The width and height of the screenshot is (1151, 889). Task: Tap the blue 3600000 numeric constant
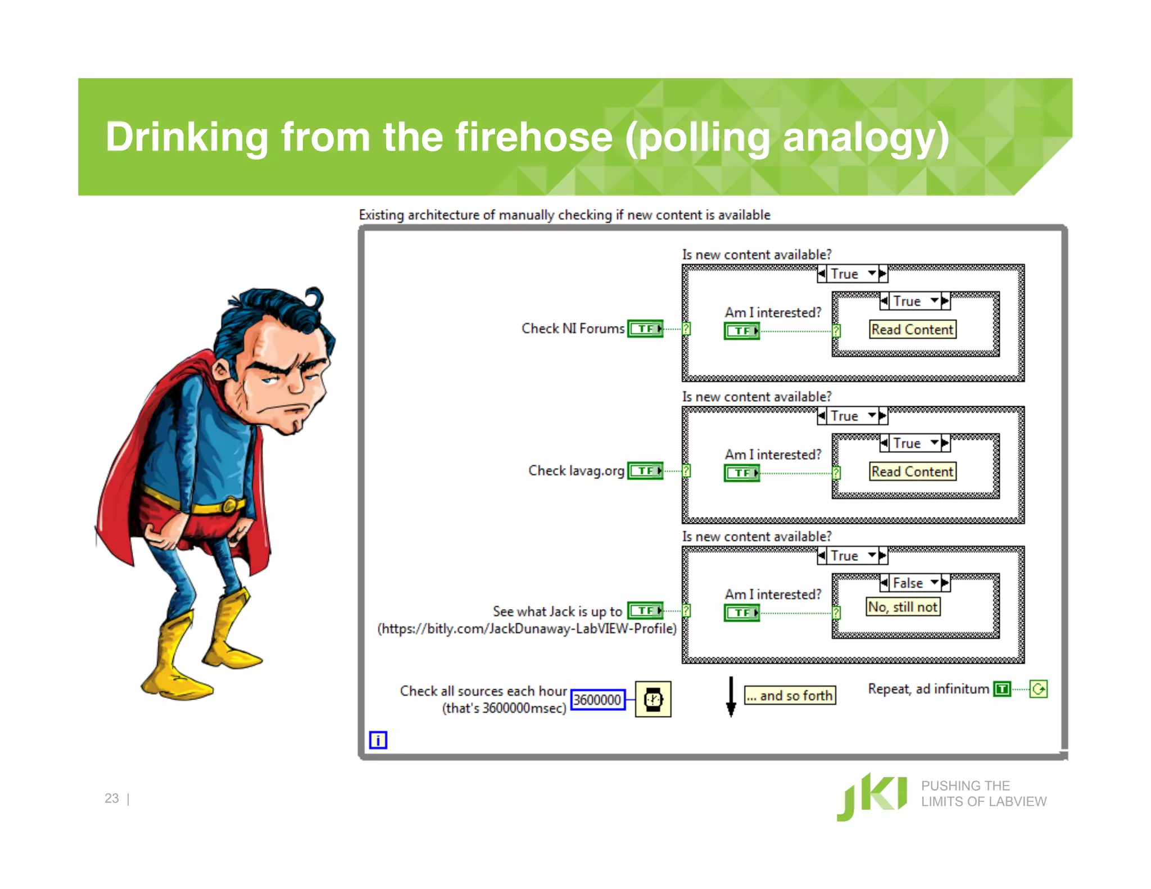tap(597, 700)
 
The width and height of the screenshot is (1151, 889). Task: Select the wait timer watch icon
tap(652, 699)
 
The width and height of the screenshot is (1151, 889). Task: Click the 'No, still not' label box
tap(903, 607)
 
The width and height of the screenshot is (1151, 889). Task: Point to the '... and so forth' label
tap(790, 696)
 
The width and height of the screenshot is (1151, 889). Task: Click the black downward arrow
tap(731, 697)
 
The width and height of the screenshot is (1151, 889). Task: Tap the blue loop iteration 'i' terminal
tap(378, 740)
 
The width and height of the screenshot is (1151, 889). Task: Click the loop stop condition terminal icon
tap(1038, 689)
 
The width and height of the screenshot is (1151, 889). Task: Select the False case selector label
tap(908, 583)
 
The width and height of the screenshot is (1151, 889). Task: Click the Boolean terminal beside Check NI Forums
tap(645, 329)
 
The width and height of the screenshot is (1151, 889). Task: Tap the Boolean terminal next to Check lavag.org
tap(645, 471)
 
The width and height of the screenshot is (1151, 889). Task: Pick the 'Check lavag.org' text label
tap(576, 470)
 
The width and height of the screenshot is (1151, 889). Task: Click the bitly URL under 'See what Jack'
tap(527, 629)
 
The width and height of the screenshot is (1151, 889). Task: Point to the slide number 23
tap(111, 798)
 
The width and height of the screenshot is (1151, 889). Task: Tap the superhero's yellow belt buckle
tap(230, 505)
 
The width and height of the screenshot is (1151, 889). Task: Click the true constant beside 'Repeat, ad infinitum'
tap(1002, 689)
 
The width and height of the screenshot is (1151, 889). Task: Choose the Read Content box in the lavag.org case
tap(912, 471)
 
